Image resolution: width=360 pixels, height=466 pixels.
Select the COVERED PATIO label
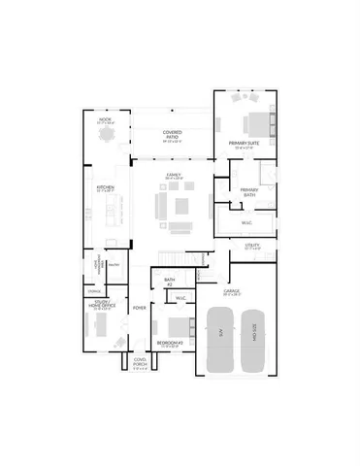(174, 135)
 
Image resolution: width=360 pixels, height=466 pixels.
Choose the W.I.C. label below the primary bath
(247, 220)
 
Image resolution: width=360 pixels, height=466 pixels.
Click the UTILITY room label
(251, 247)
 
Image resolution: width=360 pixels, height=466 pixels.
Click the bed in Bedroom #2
(176, 326)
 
